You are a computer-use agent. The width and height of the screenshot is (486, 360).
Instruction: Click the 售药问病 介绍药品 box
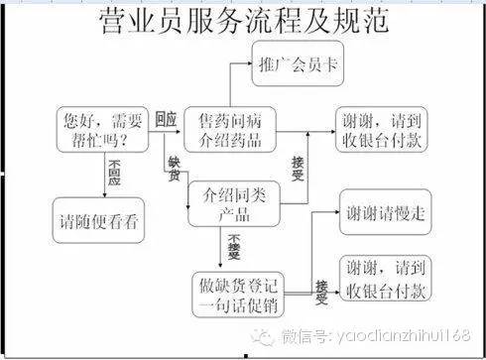click(x=230, y=130)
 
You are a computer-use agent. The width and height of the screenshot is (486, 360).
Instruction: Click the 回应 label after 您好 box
click(x=166, y=119)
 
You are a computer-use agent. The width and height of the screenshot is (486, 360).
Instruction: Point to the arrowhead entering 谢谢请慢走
click(x=334, y=211)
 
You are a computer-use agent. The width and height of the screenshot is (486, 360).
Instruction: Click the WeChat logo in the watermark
click(x=266, y=337)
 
